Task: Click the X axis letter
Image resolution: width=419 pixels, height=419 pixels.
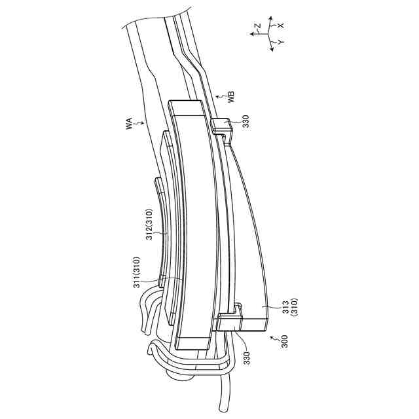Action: pos(280,24)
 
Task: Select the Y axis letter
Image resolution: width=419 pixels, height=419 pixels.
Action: pos(280,42)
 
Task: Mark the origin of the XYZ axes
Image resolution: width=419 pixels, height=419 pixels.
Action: pos(270,35)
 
